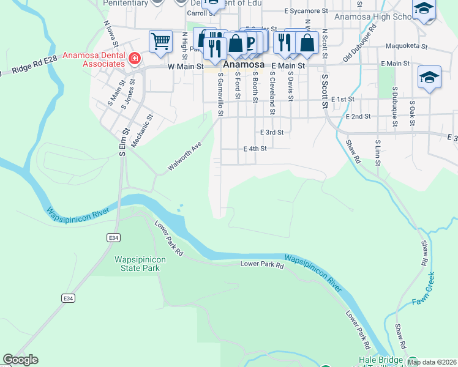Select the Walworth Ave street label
click(x=185, y=157)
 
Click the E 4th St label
click(x=255, y=149)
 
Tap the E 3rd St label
click(x=271, y=132)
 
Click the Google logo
click(x=20, y=360)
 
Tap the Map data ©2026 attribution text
click(x=432, y=362)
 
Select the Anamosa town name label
click(x=243, y=64)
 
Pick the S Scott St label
click(x=325, y=92)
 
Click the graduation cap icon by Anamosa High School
click(x=423, y=10)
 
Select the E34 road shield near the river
click(x=112, y=237)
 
